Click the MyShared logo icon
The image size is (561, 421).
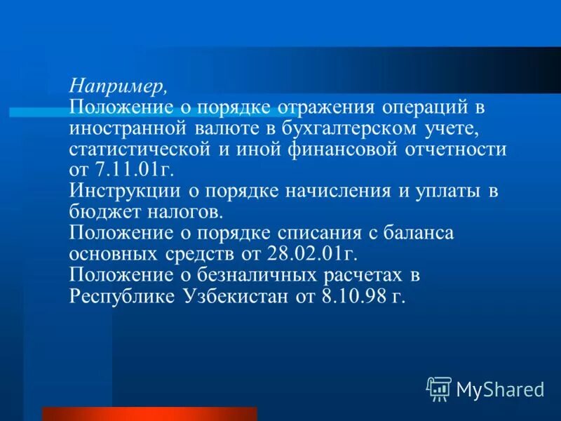pyautogui.click(x=439, y=387)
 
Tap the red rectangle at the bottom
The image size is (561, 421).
pyautogui.click(x=149, y=413)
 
